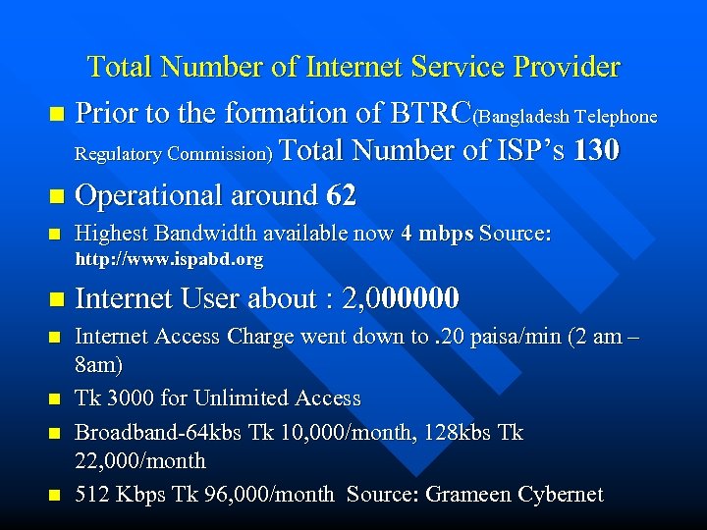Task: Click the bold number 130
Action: (596, 152)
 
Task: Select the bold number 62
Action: (342, 195)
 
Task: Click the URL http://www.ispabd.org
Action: (170, 260)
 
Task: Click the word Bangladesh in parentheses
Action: (522, 117)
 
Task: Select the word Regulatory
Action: (119, 154)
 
